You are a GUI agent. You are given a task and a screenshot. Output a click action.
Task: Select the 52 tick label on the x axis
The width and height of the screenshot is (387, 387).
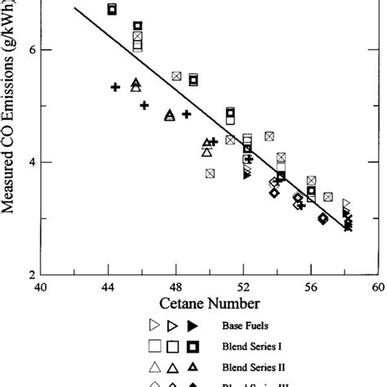pyautogui.click(x=243, y=287)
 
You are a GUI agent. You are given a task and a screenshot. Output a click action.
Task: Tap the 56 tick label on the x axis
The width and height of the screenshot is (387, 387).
pyautogui.click(x=310, y=287)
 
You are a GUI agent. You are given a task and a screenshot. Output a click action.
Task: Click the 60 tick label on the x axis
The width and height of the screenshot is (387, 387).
pyautogui.click(x=377, y=287)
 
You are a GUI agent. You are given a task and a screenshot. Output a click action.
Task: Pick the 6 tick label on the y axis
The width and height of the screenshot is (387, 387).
pyautogui.click(x=26, y=50)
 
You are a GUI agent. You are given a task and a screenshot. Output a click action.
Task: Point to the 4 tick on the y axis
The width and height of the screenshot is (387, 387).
pyautogui.click(x=26, y=162)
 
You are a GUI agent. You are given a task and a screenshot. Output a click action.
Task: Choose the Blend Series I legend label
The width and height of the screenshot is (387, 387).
pyautogui.click(x=251, y=346)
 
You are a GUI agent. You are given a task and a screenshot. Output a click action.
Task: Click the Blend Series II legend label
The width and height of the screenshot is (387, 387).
pyautogui.click(x=252, y=367)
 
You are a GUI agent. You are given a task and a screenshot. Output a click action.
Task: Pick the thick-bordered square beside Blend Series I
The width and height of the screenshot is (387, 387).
pyautogui.click(x=193, y=346)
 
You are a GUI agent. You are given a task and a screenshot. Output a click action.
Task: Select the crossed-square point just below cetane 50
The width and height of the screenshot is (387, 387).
pyautogui.click(x=210, y=173)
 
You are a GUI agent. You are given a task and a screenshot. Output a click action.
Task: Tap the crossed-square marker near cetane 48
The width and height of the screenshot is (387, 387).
pyautogui.click(x=176, y=77)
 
